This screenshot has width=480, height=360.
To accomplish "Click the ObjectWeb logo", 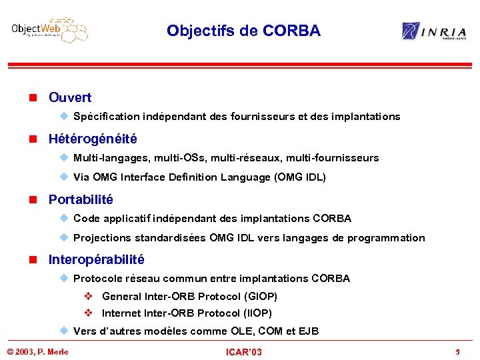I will click(49, 30).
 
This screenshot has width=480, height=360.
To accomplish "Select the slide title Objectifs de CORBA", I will click(243, 31).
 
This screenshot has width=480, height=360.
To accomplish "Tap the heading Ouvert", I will click(70, 97).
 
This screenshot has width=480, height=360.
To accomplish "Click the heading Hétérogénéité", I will click(93, 139).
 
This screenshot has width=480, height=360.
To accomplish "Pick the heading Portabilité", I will click(81, 199).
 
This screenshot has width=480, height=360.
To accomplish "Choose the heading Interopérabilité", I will click(96, 259).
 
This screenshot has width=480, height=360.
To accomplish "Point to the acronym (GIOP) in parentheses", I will click(261, 296).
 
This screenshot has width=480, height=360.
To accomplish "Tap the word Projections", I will click(102, 238).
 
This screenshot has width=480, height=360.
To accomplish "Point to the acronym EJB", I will click(308, 331).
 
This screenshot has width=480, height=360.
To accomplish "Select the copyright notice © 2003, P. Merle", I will click(37, 351).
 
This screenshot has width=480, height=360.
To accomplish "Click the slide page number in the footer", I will click(457, 351).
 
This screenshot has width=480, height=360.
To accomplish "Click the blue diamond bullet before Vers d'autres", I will click(63, 331).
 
